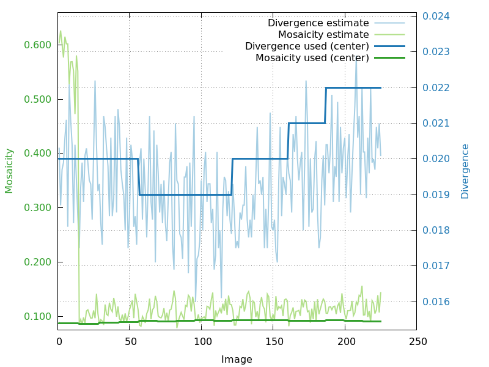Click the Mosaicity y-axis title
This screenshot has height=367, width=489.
tap(9, 171)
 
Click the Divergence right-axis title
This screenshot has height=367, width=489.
tap(465, 171)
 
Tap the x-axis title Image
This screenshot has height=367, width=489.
tap(237, 360)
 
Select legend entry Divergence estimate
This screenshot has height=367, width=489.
tap(318, 23)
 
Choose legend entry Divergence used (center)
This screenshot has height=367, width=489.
tap(307, 46)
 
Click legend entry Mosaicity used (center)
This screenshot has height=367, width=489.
tap(312, 58)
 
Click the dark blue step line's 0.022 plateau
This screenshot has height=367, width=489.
tap(353, 88)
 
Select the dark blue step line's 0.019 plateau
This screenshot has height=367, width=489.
tap(183, 195)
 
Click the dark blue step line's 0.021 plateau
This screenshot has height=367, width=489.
tap(307, 123)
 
